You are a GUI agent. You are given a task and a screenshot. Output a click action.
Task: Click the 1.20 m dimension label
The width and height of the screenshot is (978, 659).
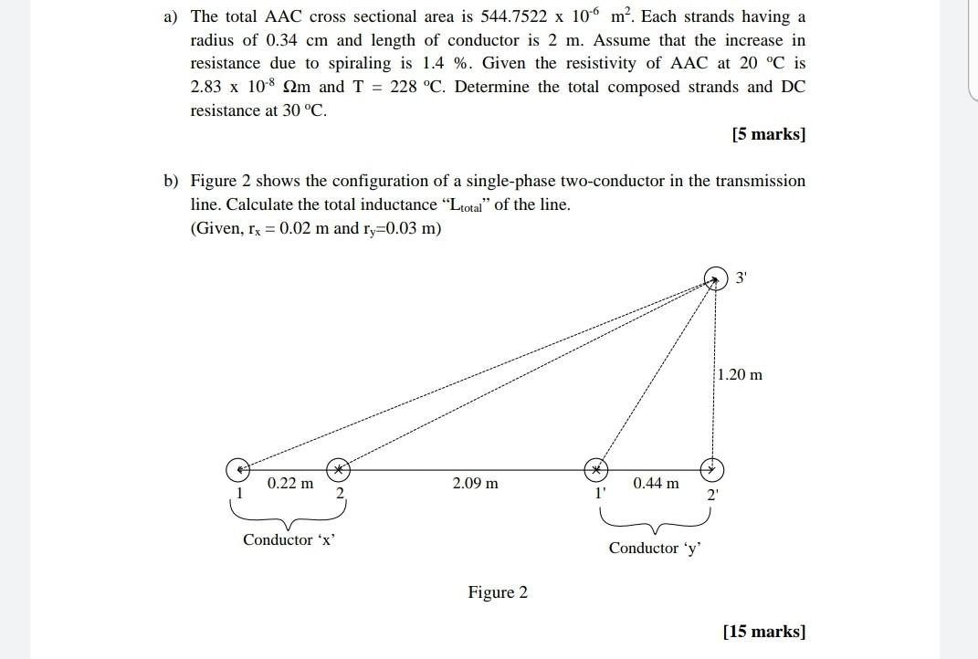coord(740,374)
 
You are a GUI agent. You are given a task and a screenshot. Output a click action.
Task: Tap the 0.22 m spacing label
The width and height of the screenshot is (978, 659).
coord(289,483)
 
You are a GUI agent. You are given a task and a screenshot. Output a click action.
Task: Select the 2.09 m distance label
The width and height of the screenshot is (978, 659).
coord(475,483)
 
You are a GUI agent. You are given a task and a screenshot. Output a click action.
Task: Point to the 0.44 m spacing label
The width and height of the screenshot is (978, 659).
coord(656,483)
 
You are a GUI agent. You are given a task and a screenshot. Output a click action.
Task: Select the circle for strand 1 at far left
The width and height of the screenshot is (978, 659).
coord(237,469)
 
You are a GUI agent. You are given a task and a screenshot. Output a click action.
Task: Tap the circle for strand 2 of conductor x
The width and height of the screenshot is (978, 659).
coord(338,469)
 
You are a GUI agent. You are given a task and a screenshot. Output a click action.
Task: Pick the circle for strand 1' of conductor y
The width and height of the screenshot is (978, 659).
coord(595,469)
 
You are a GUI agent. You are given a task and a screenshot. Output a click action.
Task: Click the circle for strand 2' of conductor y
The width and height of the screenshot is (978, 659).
coord(712,469)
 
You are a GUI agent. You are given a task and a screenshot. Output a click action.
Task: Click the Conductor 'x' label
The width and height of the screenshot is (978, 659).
coord(289,539)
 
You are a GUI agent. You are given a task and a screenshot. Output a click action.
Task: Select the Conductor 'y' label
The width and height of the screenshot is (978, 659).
coord(655,548)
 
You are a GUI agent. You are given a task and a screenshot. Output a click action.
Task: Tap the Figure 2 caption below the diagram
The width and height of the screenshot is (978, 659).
coord(498,592)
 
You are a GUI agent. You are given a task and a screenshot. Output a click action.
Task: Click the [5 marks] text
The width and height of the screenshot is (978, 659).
coord(768,134)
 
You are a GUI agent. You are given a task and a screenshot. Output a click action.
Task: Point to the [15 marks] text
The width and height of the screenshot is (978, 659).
coord(763,631)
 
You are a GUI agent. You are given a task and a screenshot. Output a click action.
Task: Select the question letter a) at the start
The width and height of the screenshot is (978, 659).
coord(171,17)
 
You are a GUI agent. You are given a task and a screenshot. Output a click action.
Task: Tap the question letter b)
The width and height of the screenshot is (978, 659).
coord(171,181)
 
